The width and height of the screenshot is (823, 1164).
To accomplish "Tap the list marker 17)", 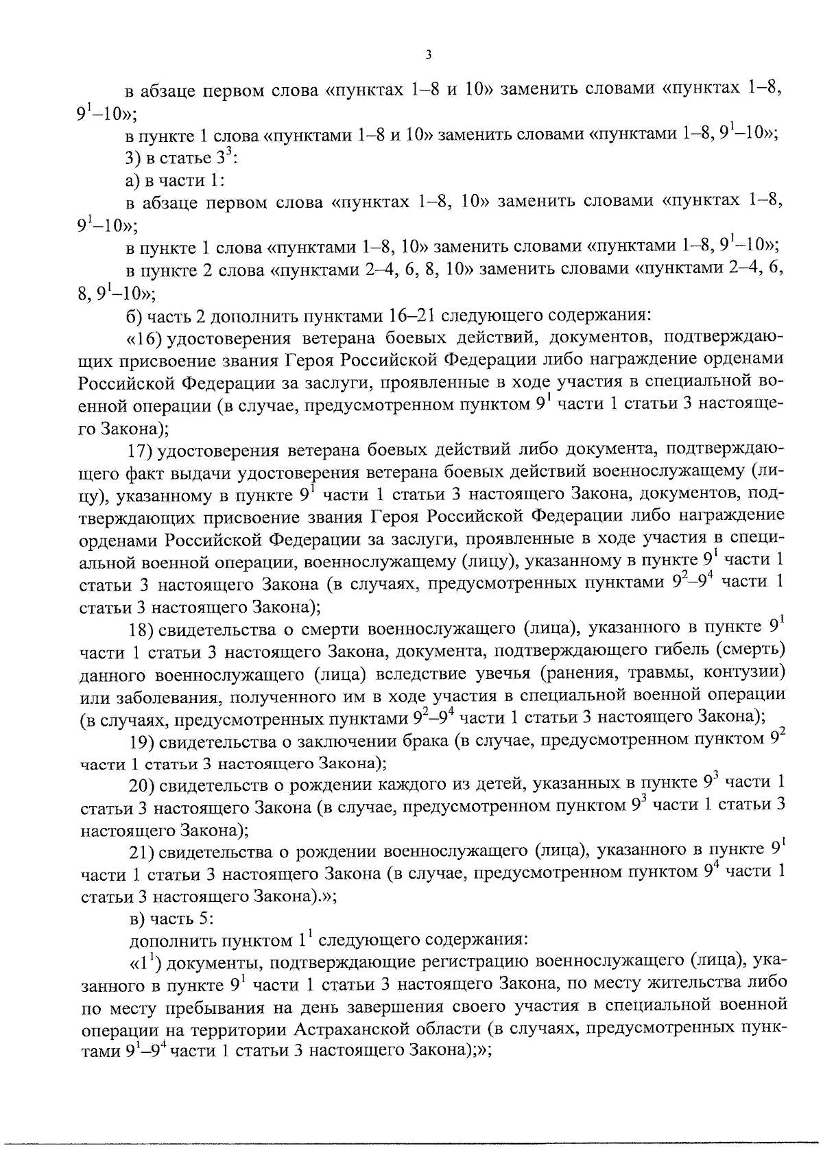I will coord(143,451).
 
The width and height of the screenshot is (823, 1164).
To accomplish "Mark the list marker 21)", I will coord(143,852).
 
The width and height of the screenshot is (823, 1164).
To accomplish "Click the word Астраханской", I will coord(358,1030).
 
